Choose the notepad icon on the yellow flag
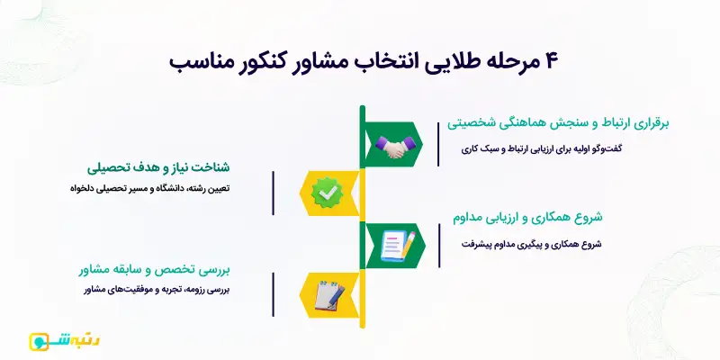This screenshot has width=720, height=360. click(x=326, y=293)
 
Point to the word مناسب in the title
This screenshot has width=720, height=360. click(x=200, y=63)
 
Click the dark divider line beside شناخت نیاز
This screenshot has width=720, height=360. click(x=273, y=187)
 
